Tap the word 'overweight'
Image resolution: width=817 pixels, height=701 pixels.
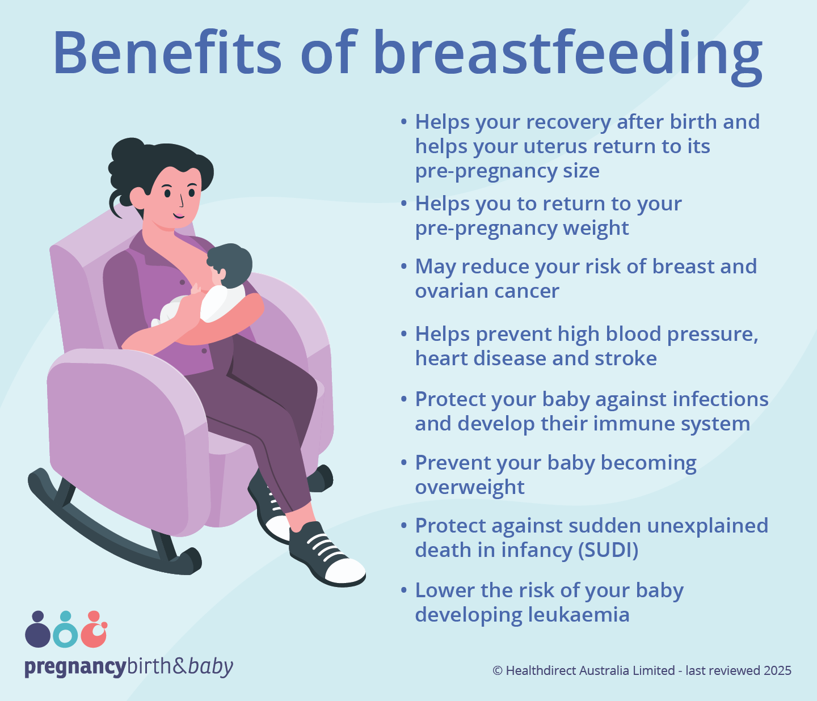[470, 487]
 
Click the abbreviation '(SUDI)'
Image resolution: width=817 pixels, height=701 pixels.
[608, 550]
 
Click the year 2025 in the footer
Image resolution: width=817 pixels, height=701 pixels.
[777, 670]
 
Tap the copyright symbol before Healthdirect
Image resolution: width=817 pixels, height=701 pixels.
[498, 670]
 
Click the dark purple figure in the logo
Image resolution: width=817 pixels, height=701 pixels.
[37, 631]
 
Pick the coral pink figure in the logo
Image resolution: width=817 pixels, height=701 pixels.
[94, 631]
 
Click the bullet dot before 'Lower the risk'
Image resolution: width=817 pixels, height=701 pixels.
[404, 590]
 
